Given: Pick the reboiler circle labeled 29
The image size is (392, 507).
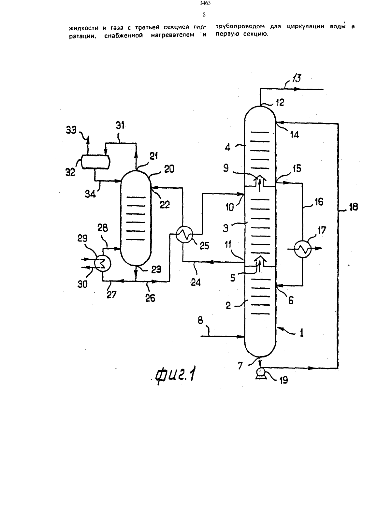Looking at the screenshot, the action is pyautogui.click(x=103, y=264).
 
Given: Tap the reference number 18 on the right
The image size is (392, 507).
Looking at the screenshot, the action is pyautogui.click(x=354, y=207).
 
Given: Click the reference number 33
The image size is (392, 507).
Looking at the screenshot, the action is pyautogui.click(x=71, y=130).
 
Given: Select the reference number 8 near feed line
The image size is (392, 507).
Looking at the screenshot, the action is pyautogui.click(x=200, y=321).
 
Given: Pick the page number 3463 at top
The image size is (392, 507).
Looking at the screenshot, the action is pyautogui.click(x=205, y=3).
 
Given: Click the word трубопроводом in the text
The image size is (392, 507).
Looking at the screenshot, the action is pyautogui.click(x=240, y=26).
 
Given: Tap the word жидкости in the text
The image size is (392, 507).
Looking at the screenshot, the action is pyautogui.click(x=84, y=28).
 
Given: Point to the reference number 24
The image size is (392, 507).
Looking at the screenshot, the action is pyautogui.click(x=196, y=282).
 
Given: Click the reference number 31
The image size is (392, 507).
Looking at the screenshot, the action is pyautogui.click(x=120, y=125).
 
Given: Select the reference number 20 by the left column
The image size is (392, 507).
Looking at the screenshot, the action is pyautogui.click(x=169, y=169).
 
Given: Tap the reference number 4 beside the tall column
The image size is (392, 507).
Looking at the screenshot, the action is pyautogui.click(x=227, y=147).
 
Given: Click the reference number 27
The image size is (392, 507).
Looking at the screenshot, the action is pyautogui.click(x=111, y=295).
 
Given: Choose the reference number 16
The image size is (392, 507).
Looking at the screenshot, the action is pyautogui.click(x=319, y=202).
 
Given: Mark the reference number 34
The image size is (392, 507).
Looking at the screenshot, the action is pyautogui.click(x=90, y=194).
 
